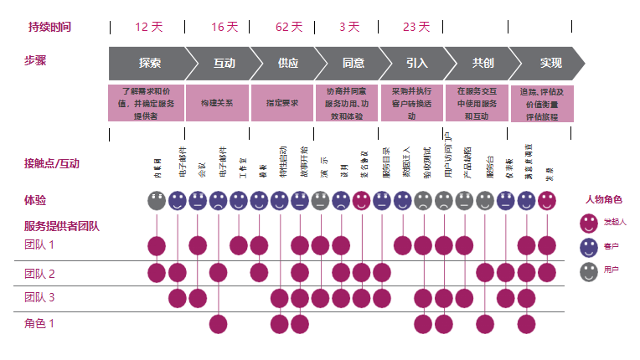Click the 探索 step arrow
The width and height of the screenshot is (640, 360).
150,63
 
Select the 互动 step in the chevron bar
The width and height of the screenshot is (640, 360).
224,63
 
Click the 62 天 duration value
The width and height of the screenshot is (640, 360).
288,27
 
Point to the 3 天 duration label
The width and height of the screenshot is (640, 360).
348,27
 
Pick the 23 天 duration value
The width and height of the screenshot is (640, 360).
415,27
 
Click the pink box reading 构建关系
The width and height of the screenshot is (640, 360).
217,103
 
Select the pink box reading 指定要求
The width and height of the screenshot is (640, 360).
281,103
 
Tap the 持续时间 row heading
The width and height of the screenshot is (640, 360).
50,27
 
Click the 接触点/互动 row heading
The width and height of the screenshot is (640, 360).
52,162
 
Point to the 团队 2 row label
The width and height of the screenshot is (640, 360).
39,274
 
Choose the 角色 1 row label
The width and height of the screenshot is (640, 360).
39,323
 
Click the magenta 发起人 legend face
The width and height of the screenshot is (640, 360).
590,223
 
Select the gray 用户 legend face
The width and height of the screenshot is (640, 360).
590,270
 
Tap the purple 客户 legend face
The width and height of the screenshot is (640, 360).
590,246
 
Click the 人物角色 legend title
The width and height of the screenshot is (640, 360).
603,200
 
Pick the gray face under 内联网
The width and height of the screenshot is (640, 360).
157,201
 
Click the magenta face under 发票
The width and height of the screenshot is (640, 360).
547,201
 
